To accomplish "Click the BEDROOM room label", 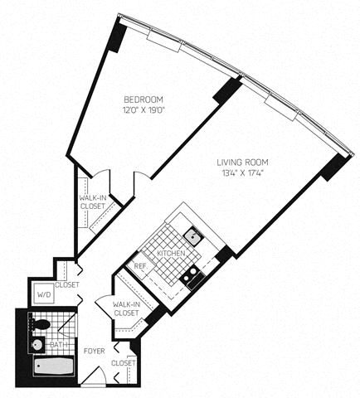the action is pos(144,99).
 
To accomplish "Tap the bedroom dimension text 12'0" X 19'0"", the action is pos(144,110).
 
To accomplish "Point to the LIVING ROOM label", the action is pos(242,163).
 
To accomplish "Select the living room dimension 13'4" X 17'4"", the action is pos(242,173).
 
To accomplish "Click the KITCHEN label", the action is pos(171,253).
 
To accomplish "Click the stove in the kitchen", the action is pos(192,275).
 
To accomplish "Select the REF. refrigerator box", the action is pos(141,266).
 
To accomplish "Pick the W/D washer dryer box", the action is pos(44,295).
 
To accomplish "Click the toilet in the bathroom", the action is pos(40,324).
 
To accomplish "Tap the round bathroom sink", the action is pos(37,344).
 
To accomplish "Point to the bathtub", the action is pos(54,366).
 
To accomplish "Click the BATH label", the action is pos(59,345).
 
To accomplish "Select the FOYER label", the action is pos(95,351).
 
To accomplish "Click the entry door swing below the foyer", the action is pos(94,376).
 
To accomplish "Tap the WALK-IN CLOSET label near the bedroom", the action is pos(92,202).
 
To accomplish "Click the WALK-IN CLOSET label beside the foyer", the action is pos(126,309).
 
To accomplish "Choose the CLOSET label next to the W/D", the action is pos(67,284).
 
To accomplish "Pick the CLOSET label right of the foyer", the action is pos(124,363).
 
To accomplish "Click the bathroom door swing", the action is pos(67,324).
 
